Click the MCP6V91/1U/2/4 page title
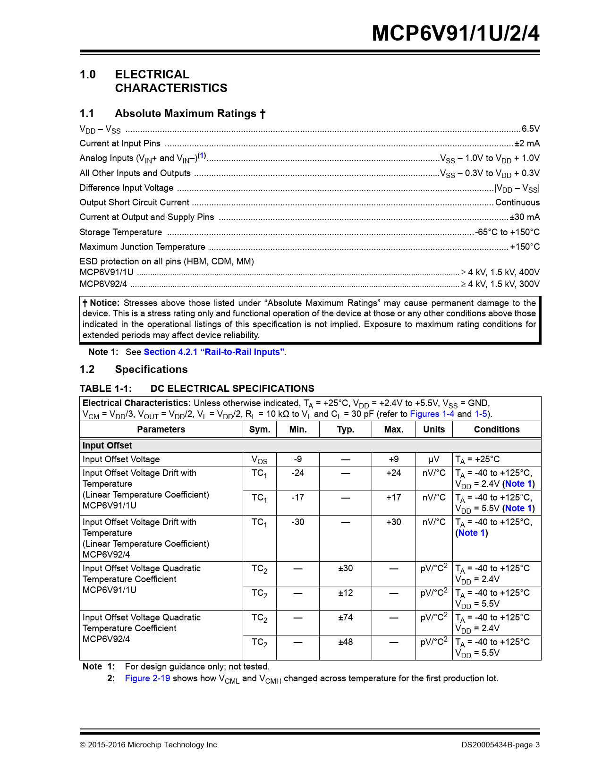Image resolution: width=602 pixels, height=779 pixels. [455, 34]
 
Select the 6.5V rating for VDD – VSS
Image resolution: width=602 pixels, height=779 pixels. [530, 129]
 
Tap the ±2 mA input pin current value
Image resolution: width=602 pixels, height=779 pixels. [527, 144]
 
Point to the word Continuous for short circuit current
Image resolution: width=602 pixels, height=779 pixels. [517, 203]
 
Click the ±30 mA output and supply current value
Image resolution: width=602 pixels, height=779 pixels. [525, 217]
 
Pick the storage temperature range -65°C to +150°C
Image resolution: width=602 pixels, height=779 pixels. [507, 232]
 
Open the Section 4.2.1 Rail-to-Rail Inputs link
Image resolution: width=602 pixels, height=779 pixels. [214, 352]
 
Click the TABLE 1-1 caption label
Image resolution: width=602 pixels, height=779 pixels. [105, 389]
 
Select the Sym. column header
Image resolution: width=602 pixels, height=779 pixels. [260, 430]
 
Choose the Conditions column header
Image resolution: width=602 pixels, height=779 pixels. [497, 430]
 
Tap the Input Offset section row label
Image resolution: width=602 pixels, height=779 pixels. [107, 446]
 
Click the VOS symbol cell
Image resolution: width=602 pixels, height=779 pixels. [260, 460]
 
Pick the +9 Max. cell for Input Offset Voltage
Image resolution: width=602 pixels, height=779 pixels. [394, 459]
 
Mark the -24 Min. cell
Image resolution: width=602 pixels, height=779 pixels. [298, 473]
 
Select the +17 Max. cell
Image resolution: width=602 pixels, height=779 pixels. [394, 498]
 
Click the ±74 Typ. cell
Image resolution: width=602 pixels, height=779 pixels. [346, 618]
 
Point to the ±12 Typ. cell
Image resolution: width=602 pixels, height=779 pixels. [346, 593]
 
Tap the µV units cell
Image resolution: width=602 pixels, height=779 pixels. [434, 459]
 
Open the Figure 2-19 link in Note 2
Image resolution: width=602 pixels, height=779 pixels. [147, 678]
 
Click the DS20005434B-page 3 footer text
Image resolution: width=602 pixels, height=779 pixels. [500, 745]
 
